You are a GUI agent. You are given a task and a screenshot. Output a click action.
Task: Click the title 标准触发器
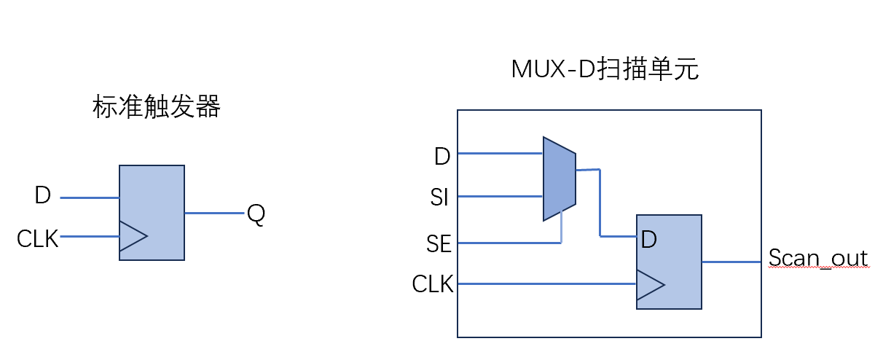[x=157, y=108]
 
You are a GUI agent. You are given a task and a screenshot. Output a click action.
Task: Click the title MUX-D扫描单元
[x=605, y=69]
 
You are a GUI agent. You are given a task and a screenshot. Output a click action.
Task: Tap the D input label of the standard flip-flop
[x=42, y=196]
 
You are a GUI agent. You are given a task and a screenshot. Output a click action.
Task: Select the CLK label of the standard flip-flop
[x=37, y=238]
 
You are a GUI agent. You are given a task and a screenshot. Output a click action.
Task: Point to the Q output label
[x=256, y=214]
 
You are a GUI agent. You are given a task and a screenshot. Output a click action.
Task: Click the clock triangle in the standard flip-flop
[x=132, y=236]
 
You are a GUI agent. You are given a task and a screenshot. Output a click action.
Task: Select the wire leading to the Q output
[x=214, y=213]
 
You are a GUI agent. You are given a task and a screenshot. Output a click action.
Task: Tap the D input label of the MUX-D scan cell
[x=441, y=156]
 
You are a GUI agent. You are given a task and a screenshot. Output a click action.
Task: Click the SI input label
[x=439, y=198]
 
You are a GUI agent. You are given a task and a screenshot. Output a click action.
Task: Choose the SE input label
[x=439, y=244]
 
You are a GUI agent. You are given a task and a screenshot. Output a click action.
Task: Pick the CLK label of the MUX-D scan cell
[x=433, y=284]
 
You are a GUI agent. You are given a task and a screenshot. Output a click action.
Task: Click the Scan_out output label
[x=818, y=259]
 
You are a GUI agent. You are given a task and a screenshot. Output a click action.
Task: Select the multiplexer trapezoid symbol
[x=559, y=178]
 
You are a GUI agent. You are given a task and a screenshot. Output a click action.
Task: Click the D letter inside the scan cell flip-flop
[x=649, y=238]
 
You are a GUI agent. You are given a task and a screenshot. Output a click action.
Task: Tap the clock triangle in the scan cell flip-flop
[x=649, y=284]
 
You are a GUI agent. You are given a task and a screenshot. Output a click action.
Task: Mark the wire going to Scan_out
[x=731, y=261]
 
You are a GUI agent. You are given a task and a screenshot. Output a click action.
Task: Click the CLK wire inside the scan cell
[x=546, y=283]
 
